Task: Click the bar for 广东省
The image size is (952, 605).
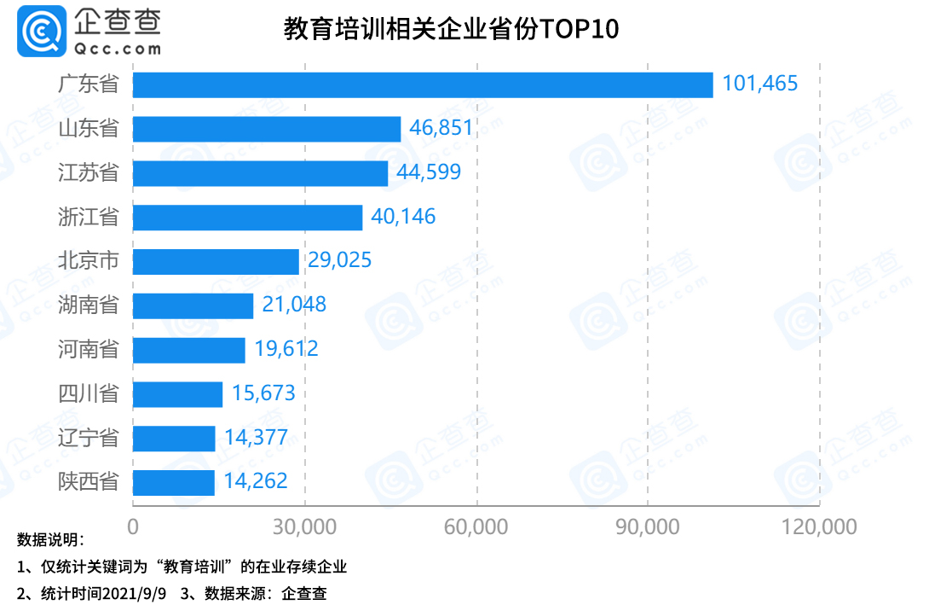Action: [x=423, y=84]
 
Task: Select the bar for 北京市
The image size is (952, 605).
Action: [x=216, y=261]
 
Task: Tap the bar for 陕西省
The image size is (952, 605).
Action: [x=174, y=482]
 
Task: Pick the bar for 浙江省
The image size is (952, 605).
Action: [x=248, y=217]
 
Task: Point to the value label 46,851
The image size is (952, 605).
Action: [x=441, y=128]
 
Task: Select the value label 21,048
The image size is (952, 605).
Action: [x=294, y=305]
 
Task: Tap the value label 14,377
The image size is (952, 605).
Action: [x=256, y=438]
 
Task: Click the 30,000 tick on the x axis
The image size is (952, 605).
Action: [x=305, y=527]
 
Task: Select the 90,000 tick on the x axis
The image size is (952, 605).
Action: [x=648, y=527]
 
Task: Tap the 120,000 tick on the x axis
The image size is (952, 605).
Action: [x=819, y=527]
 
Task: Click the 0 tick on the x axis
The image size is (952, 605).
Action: [x=133, y=527]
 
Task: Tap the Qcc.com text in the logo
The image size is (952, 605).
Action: [x=118, y=49]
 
